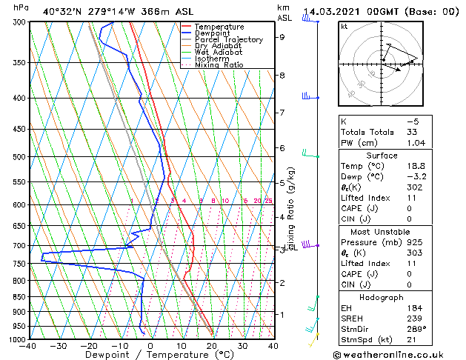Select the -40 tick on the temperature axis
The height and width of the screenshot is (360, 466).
tap(28, 347)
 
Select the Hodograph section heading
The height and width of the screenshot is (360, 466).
tap(381, 297)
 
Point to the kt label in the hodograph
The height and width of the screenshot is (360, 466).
tap(344, 26)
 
